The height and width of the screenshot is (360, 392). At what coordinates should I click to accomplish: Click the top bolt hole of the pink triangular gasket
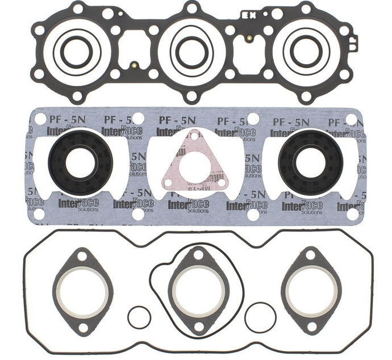194,136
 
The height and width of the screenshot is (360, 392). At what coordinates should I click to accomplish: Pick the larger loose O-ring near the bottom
260,317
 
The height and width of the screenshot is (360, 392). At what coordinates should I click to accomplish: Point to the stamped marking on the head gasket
249,12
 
